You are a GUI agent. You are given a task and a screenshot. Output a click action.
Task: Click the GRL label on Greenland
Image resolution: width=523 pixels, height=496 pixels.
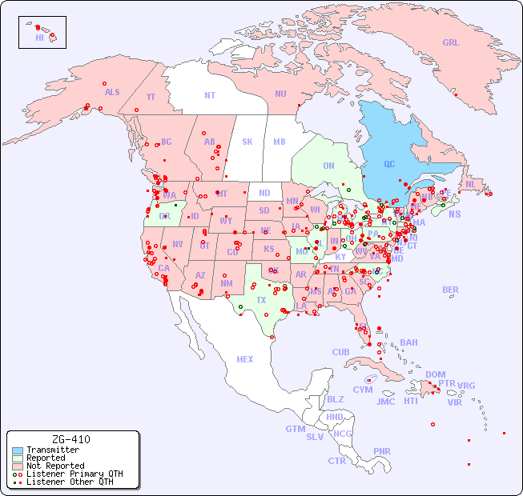coord(451,43)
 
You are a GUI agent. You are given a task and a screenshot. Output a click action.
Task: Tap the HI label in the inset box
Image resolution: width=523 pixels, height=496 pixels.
coord(39,38)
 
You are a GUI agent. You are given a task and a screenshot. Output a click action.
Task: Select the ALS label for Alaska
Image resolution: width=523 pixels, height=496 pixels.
coord(112,92)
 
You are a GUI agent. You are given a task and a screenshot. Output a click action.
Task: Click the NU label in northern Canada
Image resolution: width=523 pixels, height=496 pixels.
coord(280,94)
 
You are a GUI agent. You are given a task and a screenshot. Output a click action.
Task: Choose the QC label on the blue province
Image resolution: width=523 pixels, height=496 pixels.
coord(389,164)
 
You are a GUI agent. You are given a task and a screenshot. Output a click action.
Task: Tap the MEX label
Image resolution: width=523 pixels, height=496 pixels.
coord(245,359)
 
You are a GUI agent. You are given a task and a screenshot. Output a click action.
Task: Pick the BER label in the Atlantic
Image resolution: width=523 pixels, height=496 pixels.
coord(451,290)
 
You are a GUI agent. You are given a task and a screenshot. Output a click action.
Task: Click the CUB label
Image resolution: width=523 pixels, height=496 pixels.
coord(341,352)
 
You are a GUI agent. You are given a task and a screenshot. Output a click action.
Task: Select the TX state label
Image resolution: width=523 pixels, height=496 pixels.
coord(261,300)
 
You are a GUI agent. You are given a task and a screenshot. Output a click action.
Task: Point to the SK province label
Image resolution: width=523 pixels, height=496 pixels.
coord(247,142)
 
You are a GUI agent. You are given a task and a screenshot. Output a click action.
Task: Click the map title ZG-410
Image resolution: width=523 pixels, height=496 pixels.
coord(70,439)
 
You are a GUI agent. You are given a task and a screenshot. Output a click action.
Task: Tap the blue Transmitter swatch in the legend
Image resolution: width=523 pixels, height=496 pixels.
coord(18,450)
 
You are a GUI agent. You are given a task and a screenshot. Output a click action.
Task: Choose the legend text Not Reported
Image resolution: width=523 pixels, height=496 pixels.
coord(55,466)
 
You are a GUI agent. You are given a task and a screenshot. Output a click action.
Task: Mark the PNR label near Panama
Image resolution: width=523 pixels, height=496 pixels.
coord(382,451)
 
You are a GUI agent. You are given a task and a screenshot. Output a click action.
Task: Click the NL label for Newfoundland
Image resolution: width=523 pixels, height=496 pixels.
coord(471,183)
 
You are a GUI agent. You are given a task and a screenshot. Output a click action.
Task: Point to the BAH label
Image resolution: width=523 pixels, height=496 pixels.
coord(408,342)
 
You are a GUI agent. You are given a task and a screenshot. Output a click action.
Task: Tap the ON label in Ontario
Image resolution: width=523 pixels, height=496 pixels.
coord(328,166)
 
